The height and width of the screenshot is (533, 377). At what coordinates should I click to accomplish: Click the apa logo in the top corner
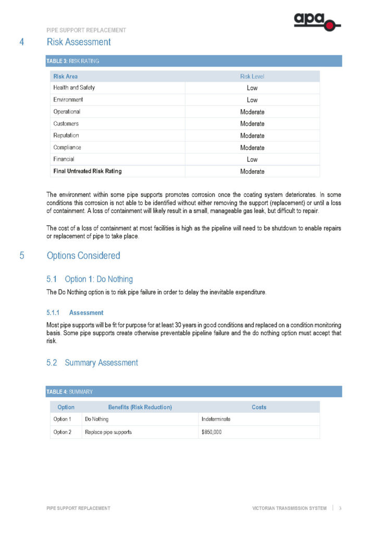(x=317, y=22)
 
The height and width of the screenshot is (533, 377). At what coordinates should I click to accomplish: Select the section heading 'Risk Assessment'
(x=79, y=42)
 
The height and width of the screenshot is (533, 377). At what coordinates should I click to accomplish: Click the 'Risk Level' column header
(x=252, y=77)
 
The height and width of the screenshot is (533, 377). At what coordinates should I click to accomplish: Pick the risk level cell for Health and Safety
(x=252, y=88)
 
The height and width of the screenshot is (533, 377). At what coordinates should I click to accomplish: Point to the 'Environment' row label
(x=68, y=99)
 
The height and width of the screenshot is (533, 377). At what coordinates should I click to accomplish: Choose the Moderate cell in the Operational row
(x=252, y=112)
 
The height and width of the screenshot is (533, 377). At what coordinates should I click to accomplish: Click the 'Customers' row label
(x=66, y=124)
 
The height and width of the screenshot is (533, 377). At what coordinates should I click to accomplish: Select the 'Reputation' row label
(x=66, y=135)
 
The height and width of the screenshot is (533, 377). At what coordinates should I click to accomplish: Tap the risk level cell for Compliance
(x=252, y=148)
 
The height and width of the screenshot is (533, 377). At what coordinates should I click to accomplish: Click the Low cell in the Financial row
(x=252, y=160)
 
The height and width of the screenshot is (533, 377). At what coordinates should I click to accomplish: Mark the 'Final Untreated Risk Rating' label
(x=87, y=171)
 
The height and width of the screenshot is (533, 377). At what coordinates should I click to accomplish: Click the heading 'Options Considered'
(x=83, y=256)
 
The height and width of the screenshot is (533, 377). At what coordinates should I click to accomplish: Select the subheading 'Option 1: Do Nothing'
(x=98, y=280)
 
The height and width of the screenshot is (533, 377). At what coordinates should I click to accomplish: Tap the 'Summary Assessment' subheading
(x=101, y=363)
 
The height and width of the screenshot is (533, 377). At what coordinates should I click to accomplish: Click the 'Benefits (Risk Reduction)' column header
(x=140, y=407)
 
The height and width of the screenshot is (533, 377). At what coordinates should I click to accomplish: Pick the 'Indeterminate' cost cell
(x=216, y=419)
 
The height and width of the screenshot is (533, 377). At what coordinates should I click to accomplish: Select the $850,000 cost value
(x=212, y=432)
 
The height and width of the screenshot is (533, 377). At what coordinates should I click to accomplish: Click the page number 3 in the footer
(x=340, y=508)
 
